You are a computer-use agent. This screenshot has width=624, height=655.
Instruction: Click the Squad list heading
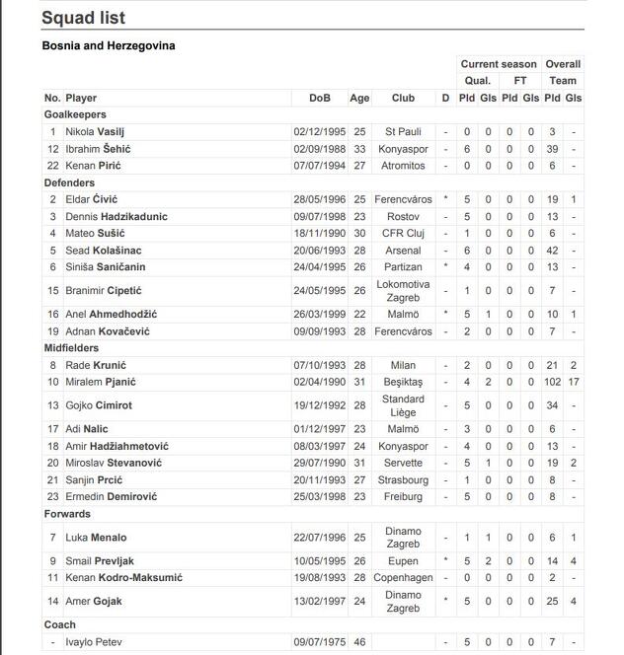[83, 19]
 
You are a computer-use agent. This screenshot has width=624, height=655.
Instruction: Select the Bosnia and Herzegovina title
[109, 45]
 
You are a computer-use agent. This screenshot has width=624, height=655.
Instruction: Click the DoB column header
[319, 99]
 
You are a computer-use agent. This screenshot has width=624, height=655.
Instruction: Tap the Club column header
[403, 99]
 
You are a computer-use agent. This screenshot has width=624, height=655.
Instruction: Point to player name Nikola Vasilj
[95, 132]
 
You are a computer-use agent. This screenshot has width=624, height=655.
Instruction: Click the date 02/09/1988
[319, 149]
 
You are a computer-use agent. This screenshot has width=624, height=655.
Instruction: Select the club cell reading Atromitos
[403, 166]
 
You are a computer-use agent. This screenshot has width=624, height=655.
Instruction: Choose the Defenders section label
[69, 182]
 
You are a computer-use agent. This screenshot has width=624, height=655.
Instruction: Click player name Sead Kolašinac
[103, 251]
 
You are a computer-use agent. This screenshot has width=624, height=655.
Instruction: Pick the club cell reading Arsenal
[403, 251]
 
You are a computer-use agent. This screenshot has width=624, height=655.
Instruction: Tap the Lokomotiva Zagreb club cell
[403, 291]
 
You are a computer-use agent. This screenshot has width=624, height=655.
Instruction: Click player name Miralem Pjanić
[101, 382]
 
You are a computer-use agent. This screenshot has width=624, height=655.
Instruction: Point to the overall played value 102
[553, 382]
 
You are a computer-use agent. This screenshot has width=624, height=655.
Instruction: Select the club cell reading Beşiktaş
[403, 382]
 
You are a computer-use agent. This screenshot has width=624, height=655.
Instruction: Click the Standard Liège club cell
[403, 405]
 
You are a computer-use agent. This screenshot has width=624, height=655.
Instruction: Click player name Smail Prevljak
[99, 560]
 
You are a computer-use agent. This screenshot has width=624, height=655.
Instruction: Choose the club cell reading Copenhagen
[403, 577]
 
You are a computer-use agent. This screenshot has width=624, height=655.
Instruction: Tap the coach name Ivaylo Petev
[94, 642]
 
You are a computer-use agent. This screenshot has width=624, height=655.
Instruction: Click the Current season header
[499, 64]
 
